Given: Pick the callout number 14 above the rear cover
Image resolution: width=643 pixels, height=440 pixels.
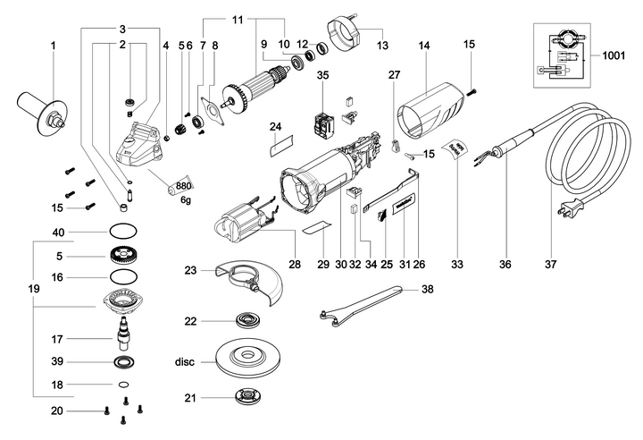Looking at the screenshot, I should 424,45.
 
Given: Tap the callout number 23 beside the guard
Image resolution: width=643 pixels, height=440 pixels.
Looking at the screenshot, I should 190,270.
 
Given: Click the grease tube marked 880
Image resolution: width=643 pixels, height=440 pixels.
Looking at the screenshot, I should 181,186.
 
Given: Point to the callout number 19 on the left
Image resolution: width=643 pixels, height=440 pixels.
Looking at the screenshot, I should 34,290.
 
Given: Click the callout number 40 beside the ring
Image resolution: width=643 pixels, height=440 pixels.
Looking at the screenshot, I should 58,233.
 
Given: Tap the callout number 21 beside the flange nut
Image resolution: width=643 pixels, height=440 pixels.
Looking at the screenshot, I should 189,398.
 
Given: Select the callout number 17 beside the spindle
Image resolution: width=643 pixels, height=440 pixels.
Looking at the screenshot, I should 58,339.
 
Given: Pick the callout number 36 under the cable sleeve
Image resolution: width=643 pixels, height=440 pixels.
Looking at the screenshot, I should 505,266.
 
